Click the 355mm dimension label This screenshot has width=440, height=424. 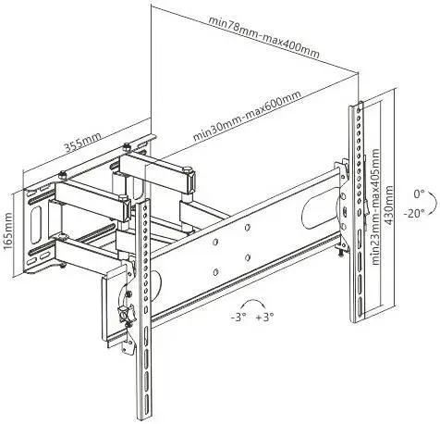[82, 143]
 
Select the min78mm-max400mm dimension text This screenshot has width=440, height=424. [264, 36]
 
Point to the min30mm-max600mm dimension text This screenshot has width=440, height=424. [247, 116]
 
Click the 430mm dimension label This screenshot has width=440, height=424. [389, 206]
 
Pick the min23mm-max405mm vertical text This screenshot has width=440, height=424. [375, 206]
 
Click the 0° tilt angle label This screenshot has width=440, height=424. [419, 194]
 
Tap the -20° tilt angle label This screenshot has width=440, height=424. [414, 213]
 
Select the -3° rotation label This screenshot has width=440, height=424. [238, 318]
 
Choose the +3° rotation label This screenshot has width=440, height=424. [264, 318]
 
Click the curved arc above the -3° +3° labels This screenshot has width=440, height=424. [253, 300]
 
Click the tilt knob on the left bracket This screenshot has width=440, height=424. [128, 313]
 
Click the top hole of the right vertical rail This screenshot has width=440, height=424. [358, 110]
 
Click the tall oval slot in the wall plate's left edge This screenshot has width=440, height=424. [36, 217]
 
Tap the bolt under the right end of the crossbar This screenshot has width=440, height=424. [341, 252]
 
